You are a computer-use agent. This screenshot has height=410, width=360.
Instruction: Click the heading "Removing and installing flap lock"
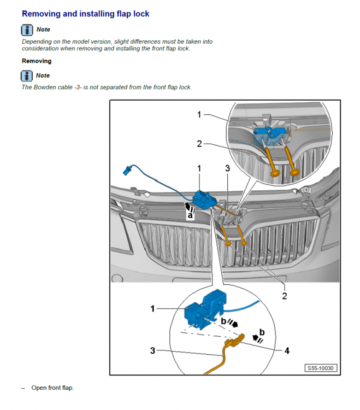pos(85,14)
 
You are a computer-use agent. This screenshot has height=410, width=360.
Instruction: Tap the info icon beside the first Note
pos(27,30)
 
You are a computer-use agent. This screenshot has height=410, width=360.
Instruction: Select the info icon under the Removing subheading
pos(27,76)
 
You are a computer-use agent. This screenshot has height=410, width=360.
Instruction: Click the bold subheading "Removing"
pos(37,61)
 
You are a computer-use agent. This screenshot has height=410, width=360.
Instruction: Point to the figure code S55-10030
pos(321,368)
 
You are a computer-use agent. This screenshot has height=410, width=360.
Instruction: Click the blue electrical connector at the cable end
pos(127,171)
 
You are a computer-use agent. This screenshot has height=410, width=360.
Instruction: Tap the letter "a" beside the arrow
pos(190,215)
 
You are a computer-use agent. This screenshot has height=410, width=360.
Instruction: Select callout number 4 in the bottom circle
pos(287,350)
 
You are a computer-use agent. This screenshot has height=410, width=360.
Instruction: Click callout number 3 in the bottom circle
pos(152,350)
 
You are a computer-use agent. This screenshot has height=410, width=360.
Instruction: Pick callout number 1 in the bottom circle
pos(153,308)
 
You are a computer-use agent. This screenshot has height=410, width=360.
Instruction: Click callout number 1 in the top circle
pos(199,115)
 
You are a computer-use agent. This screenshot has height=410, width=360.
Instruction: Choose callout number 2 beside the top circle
pos(199,144)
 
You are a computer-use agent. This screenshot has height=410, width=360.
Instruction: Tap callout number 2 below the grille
pos(285,296)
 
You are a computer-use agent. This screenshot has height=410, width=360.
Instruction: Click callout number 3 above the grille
pos(228,168)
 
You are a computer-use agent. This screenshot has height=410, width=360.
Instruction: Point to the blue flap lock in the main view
pos(204,200)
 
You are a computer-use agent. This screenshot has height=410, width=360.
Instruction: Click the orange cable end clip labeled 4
pos(235,341)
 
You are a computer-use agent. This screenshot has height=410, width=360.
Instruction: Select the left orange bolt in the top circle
pos(272,163)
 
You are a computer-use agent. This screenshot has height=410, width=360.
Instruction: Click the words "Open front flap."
pos(52,388)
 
